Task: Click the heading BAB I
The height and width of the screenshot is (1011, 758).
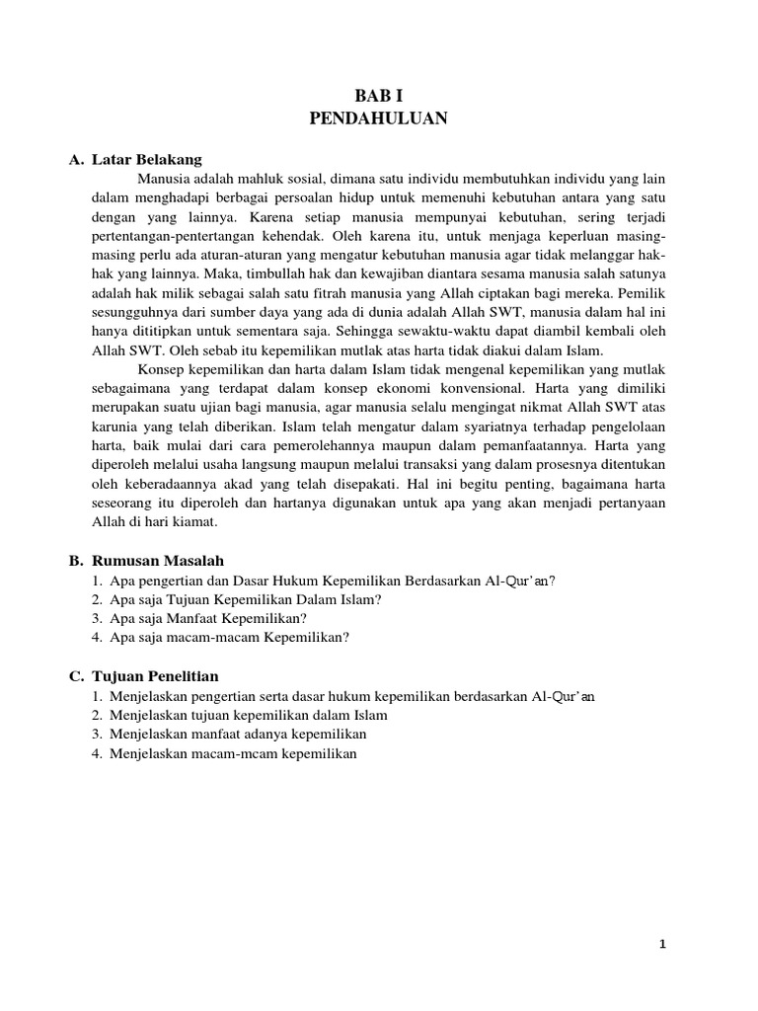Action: click(x=378, y=95)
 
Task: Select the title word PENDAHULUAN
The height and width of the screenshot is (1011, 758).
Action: click(x=378, y=118)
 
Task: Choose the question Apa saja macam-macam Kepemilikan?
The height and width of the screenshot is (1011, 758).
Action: click(x=230, y=637)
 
